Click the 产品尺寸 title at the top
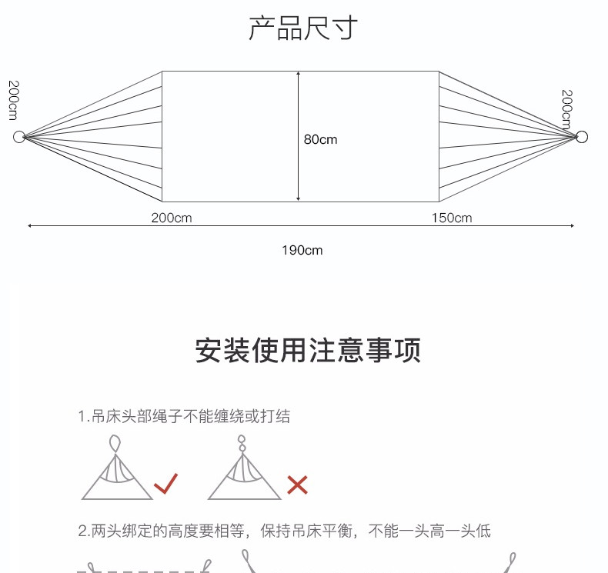303,28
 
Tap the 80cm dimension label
320,139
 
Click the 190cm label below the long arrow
302,250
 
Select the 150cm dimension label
451,218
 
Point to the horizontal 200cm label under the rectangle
172,218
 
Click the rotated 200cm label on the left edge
13,99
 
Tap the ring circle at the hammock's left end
18,137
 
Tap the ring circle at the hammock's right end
582,137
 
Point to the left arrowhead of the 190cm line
30,226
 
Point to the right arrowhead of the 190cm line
573,226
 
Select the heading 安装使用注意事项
307,351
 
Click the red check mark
165,484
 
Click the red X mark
297,485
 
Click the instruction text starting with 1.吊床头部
184,417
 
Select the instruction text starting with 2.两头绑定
284,531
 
